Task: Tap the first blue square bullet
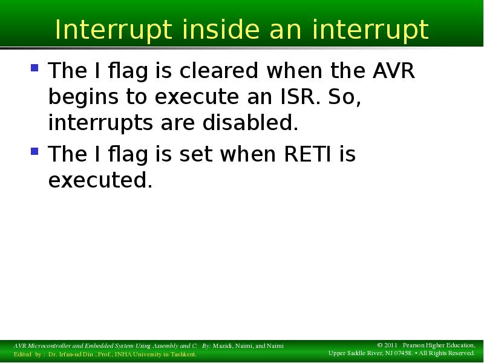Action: click(34, 68)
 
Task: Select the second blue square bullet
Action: click(34, 151)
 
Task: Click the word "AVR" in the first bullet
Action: click(394, 70)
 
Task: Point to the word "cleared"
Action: click(218, 70)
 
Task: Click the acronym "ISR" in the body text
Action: click(300, 96)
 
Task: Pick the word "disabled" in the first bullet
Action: click(250, 123)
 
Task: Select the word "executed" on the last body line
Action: click(100, 180)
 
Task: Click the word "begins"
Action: click(83, 97)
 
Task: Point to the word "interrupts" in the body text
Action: click(100, 123)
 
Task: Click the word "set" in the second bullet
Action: click(195, 154)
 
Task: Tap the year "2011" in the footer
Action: click(390, 345)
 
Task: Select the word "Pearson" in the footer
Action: click(413, 345)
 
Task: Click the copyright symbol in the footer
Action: click(380, 345)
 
